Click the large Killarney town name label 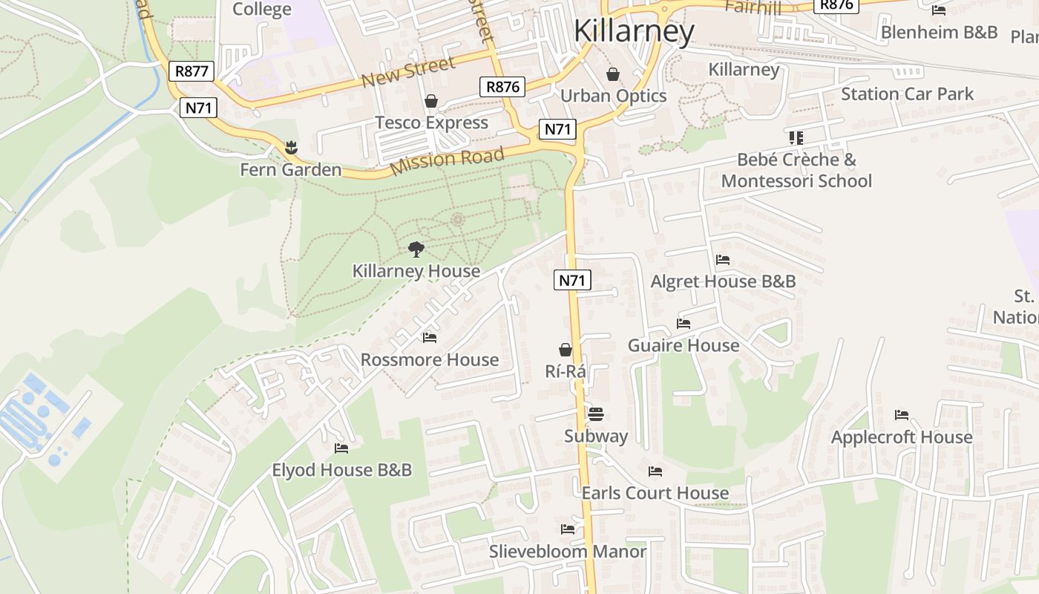point(634,31)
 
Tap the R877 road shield point(192,71)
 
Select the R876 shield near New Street point(502,86)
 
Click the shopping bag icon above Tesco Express point(431,101)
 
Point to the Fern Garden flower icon point(290,147)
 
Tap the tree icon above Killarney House point(416,249)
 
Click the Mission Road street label point(447,160)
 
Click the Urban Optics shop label point(613,96)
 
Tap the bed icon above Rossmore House point(430,338)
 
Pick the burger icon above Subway point(596,414)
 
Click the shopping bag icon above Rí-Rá point(566,350)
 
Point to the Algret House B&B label point(723,281)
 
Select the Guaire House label point(684,345)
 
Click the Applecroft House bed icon point(902,415)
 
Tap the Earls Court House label point(655,493)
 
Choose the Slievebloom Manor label point(567,552)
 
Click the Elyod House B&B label point(341,470)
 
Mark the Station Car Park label point(907,94)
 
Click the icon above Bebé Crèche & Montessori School point(796,137)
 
